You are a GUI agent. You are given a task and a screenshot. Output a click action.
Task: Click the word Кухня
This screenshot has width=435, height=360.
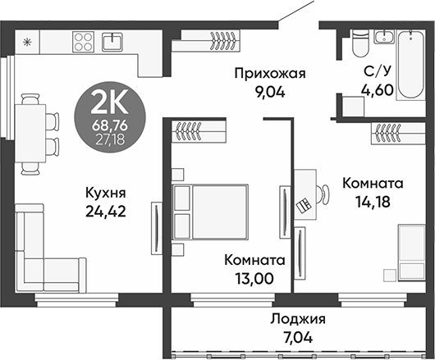(x=105, y=194)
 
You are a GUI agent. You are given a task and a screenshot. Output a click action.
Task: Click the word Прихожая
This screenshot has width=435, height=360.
(x=269, y=75)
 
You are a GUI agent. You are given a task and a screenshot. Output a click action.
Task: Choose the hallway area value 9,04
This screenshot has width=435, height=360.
(x=269, y=92)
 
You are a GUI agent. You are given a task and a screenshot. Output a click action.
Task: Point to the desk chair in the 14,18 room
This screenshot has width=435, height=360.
(x=305, y=204)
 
